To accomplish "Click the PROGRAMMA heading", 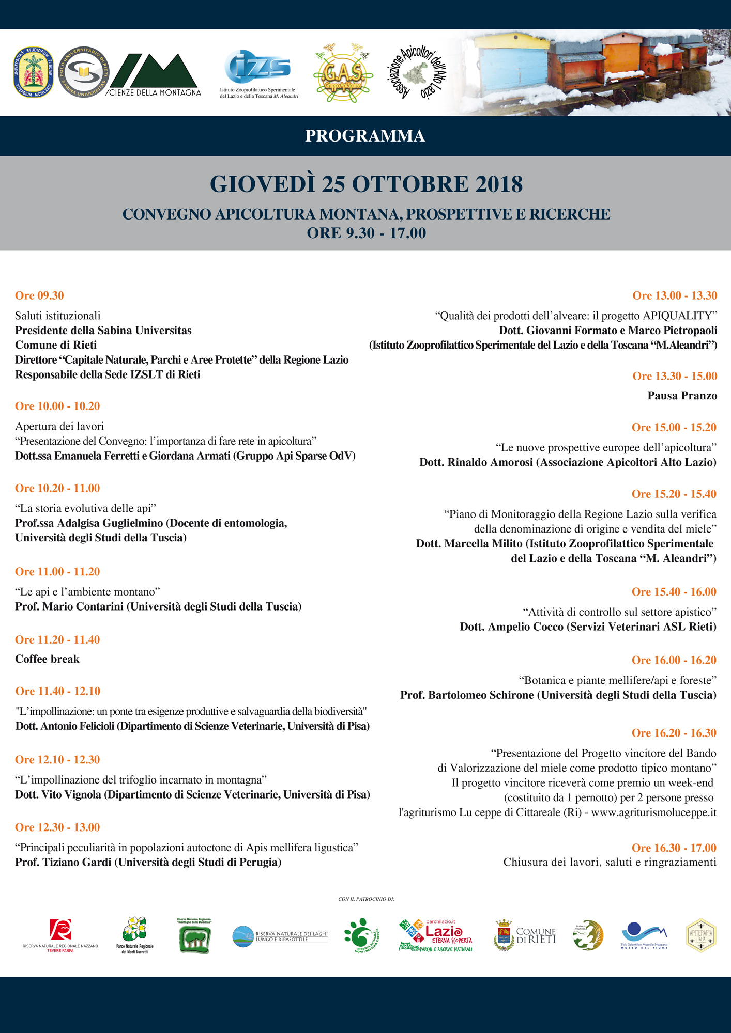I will (x=365, y=136).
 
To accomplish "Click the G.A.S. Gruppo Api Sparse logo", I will (x=343, y=74).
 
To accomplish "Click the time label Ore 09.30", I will (x=39, y=295).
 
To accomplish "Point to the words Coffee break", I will (x=47, y=659).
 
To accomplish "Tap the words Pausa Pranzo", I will (x=682, y=396).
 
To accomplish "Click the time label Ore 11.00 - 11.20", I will (x=57, y=572).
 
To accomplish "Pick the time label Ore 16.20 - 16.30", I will (x=674, y=733).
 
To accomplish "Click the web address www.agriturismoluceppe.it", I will (x=653, y=812).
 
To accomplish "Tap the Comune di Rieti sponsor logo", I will (x=525, y=935).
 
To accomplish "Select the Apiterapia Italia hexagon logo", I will (x=700, y=935).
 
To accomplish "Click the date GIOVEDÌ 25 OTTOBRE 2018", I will (x=366, y=184).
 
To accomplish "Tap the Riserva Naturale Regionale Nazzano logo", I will (x=60, y=935).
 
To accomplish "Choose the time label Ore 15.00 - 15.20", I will (x=674, y=427).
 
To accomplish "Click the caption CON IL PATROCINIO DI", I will (x=366, y=899).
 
